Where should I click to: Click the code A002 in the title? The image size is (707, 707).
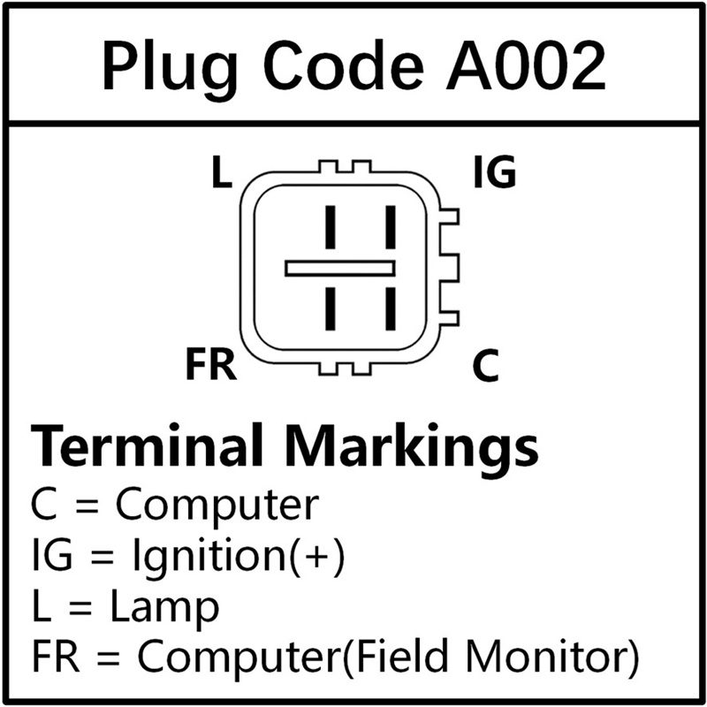point(526,65)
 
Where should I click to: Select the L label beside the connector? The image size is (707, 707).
point(222,171)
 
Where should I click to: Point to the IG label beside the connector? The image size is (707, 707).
point(495,171)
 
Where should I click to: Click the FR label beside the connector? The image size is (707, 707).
point(211,364)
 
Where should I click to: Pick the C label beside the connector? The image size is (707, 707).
point(485,365)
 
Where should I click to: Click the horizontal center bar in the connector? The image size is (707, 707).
point(340,269)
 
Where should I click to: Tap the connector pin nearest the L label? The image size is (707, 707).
point(331,227)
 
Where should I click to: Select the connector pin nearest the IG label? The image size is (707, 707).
point(391,227)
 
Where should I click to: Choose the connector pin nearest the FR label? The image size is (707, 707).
point(331,308)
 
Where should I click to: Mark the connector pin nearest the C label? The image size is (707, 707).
point(391,308)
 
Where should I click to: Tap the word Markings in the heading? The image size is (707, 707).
point(412,449)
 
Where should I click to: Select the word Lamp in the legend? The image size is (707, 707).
point(165,607)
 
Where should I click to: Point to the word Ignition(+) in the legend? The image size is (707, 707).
point(239,556)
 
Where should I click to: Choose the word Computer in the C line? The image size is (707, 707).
point(217,505)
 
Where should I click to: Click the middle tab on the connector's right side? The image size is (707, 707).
point(450,269)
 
